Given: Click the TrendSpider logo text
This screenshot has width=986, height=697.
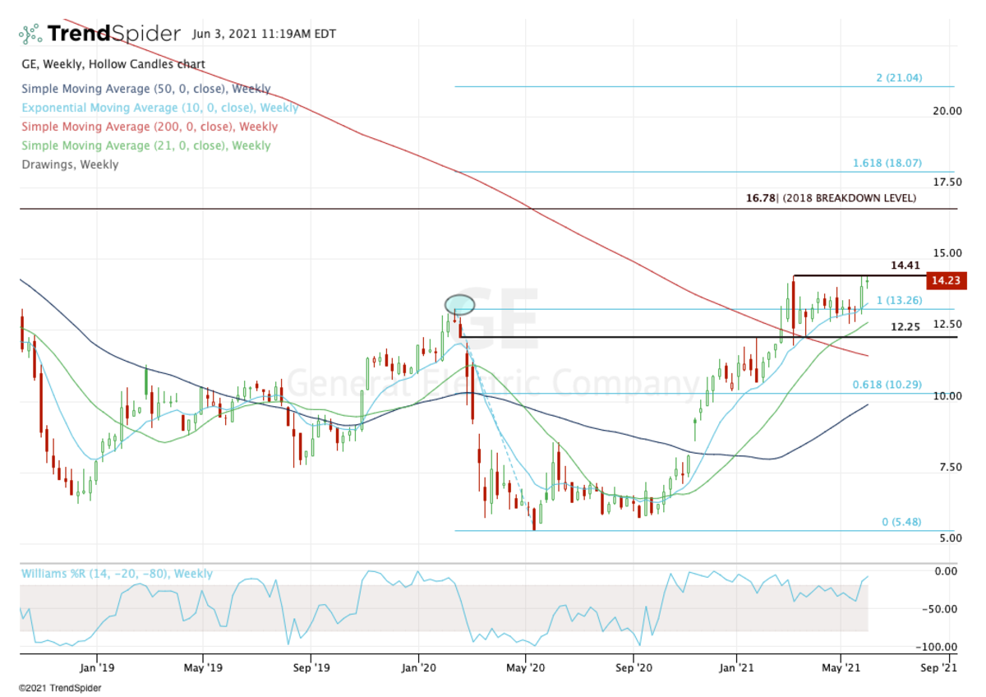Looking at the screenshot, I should pyautogui.click(x=113, y=34).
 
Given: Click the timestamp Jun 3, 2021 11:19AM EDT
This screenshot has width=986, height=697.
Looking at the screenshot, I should pyautogui.click(x=264, y=35).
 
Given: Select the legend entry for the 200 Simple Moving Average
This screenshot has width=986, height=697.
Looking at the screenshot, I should pyautogui.click(x=150, y=127).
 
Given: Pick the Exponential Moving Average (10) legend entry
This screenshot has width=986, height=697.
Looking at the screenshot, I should pyautogui.click(x=159, y=108).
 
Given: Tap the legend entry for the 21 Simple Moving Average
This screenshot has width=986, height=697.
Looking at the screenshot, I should pyautogui.click(x=145, y=145).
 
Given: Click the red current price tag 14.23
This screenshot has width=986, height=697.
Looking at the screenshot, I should pyautogui.click(x=945, y=281).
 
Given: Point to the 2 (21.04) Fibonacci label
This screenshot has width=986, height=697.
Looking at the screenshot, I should pyautogui.click(x=899, y=78).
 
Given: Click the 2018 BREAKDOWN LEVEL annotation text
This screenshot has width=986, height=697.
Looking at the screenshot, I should pyautogui.click(x=847, y=198).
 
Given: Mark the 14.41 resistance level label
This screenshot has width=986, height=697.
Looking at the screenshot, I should pyautogui.click(x=906, y=266).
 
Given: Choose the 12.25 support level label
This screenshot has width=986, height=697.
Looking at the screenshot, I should pyautogui.click(x=906, y=326).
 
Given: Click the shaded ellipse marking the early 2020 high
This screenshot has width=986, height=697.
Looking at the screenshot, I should pyautogui.click(x=460, y=305).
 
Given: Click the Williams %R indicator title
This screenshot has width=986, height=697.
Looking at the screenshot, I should pyautogui.click(x=117, y=574).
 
